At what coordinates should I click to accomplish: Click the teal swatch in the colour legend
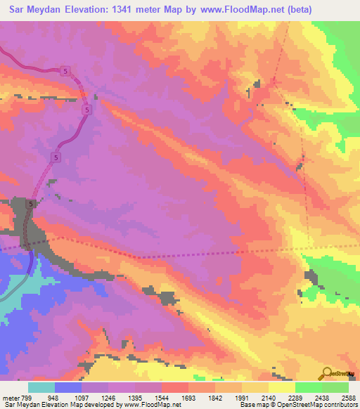point(41,387)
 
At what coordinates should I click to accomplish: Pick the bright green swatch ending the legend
point(335,387)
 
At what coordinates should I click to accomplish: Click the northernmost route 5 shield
point(65,72)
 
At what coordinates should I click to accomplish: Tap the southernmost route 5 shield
point(31,204)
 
